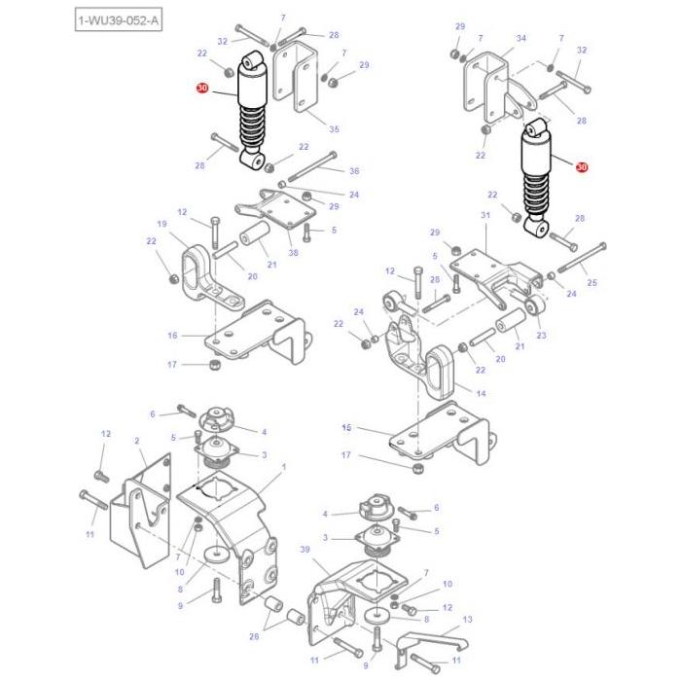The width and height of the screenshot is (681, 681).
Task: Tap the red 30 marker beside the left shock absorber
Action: [x=202, y=89]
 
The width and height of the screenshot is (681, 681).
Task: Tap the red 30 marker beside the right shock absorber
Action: [x=582, y=167]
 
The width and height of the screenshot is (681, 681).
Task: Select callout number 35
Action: [x=334, y=129]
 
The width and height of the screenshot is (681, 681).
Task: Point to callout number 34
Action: [x=520, y=38]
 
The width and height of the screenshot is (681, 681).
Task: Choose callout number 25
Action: [x=592, y=283]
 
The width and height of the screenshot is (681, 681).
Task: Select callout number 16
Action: [x=172, y=336]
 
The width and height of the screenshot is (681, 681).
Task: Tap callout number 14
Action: [x=481, y=393]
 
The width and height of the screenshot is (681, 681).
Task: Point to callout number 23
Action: [x=542, y=335]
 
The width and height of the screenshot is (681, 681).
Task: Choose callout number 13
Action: [x=467, y=619]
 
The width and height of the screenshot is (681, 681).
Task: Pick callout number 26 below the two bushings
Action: [x=255, y=638]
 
